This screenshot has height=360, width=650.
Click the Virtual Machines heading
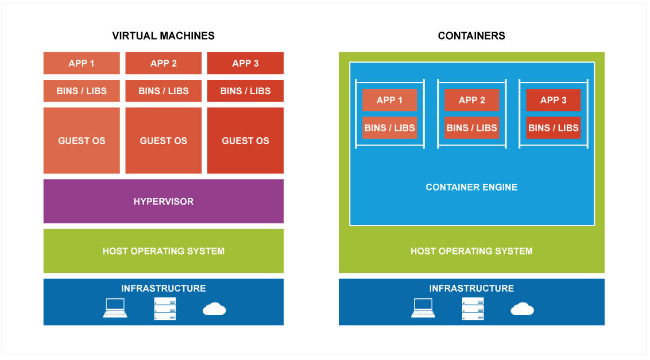coord(163,36)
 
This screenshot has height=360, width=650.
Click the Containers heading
coord(471,36)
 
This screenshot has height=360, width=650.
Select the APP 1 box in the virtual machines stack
coord(82,63)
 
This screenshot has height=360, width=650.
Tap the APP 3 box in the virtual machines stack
coord(245,63)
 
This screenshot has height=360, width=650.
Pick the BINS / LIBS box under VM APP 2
coord(163,91)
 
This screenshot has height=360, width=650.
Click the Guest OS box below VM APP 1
coord(82,141)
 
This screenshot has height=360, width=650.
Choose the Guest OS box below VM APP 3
coord(245,141)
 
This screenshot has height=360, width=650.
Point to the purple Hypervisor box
coord(163,201)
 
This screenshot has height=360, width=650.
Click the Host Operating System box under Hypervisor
coord(163,251)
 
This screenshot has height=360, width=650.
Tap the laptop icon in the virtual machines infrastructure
coord(115,308)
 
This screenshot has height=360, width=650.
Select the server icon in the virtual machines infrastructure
coord(165,308)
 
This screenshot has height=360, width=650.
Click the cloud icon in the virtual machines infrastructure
coord(214,309)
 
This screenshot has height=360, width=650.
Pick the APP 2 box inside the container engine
coord(472,100)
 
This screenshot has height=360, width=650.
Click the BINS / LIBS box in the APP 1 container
coord(390,127)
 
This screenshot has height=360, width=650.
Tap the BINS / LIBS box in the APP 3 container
coord(554,127)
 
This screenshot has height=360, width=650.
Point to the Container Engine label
coord(471,187)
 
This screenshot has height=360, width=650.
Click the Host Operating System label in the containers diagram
coord(471,251)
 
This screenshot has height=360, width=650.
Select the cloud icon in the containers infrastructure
coord(523,309)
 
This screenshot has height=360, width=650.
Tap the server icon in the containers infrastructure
coord(473,308)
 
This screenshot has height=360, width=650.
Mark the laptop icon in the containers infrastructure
coord(423,308)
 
